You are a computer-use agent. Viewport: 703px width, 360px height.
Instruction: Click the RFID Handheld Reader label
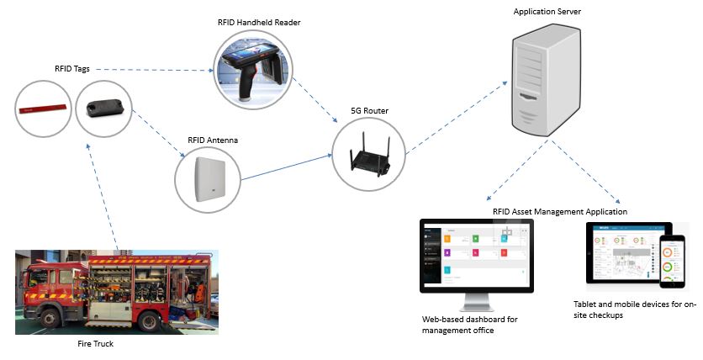click(x=258, y=22)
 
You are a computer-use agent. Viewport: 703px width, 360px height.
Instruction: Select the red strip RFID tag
click(x=43, y=108)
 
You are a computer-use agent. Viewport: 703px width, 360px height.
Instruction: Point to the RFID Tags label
click(x=66, y=69)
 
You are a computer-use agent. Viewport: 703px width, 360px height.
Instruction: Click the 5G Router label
click(x=369, y=111)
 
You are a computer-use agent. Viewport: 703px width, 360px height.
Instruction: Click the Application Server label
click(x=547, y=11)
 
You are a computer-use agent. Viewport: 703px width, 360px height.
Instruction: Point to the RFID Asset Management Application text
click(x=559, y=211)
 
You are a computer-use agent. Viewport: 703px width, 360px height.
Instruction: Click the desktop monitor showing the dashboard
click(x=475, y=257)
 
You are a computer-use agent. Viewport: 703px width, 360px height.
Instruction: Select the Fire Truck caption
click(x=95, y=343)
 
